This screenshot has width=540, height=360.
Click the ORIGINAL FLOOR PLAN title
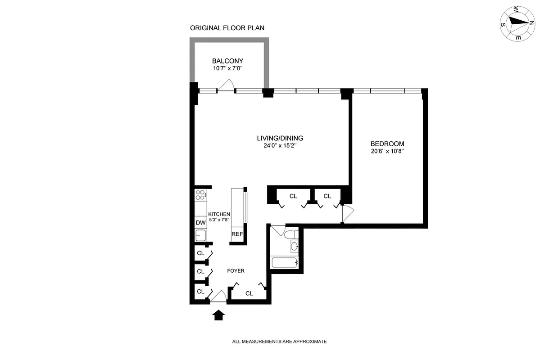click(227, 28)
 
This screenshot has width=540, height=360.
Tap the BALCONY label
click(227, 61)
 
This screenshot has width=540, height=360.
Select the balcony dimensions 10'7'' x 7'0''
click(227, 69)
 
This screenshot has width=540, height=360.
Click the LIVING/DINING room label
click(280, 138)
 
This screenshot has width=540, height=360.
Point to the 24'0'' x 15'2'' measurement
click(280, 146)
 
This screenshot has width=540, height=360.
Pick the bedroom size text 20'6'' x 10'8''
click(384, 151)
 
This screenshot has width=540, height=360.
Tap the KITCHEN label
click(219, 214)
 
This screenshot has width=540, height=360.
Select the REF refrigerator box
click(237, 234)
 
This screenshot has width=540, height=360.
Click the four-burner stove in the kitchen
click(200, 195)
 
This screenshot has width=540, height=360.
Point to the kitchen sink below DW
click(200, 234)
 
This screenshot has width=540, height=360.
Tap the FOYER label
click(236, 271)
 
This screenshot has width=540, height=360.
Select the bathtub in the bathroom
click(284, 262)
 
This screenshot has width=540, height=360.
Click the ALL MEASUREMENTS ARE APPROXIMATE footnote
click(279, 342)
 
